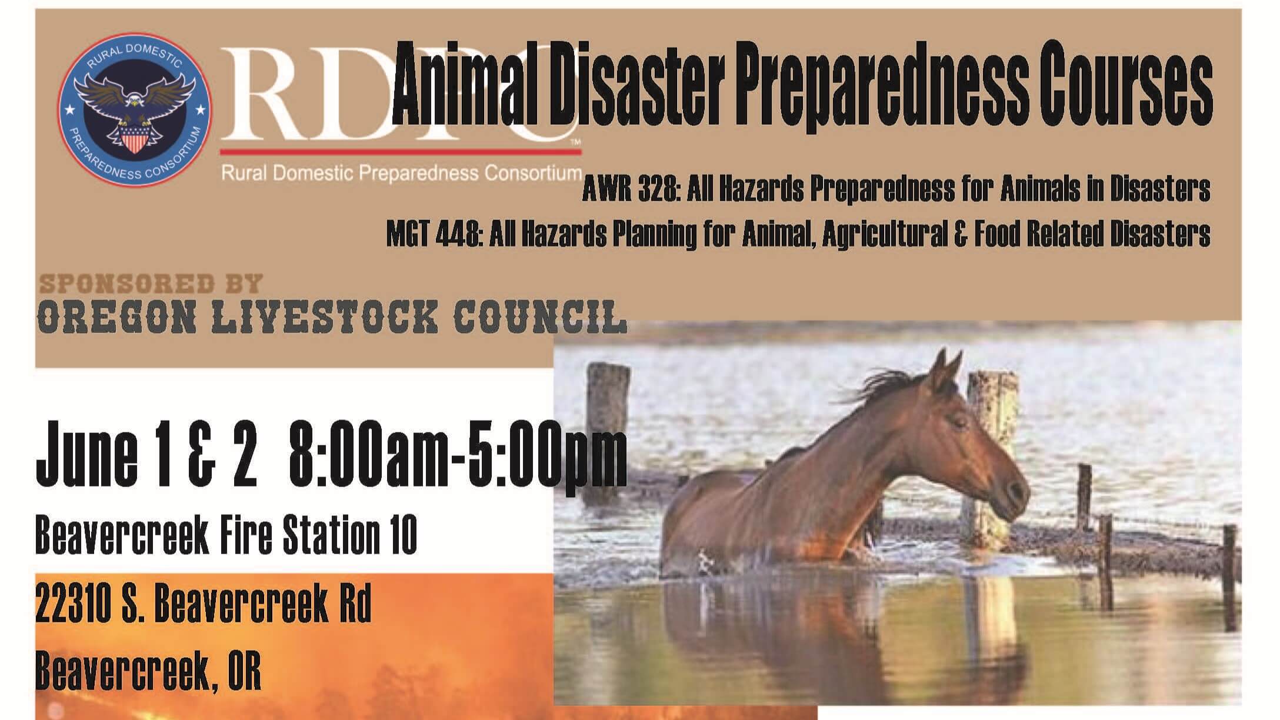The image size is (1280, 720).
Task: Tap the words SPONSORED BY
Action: (x=151, y=284)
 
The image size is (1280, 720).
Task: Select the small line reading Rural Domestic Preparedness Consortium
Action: (x=402, y=174)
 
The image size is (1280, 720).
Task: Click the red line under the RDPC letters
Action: (x=401, y=152)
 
